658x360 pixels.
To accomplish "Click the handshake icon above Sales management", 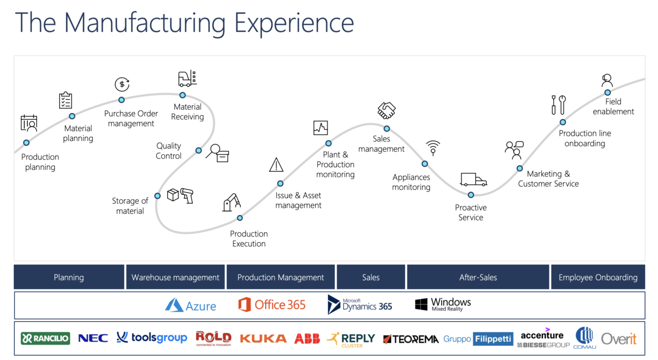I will [x=387, y=110].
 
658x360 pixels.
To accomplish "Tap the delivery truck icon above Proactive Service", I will [x=473, y=179].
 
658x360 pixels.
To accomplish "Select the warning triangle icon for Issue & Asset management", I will [x=277, y=165].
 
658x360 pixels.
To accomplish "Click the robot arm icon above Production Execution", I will [x=231, y=202].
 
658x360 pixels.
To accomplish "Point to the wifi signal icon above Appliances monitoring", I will [x=433, y=148].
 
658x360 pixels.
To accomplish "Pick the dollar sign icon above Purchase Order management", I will [x=122, y=84].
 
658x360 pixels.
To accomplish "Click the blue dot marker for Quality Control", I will [x=198, y=151].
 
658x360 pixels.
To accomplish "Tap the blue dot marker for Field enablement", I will [x=608, y=93].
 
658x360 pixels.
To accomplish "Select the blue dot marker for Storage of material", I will [x=157, y=196].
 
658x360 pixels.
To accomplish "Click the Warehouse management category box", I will [x=175, y=277].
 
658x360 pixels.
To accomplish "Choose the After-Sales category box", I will [x=478, y=277].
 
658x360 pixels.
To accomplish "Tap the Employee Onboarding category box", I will [x=598, y=277].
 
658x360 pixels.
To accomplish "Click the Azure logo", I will [x=191, y=305].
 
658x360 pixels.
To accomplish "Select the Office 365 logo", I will [x=272, y=304].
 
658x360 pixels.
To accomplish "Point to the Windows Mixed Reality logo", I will [x=443, y=304].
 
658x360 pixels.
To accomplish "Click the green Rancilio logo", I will [x=45, y=338].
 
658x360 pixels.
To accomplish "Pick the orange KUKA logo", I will [x=263, y=338].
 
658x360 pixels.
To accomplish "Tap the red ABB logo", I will [x=307, y=338].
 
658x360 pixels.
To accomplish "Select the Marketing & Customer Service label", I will [x=549, y=179].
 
